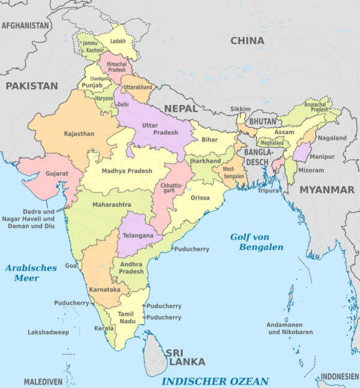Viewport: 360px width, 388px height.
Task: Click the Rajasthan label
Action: point(79,134)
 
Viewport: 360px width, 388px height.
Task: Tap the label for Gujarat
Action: point(56,174)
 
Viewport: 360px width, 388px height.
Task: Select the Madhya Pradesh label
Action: point(127,171)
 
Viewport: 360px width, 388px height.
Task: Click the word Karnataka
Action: point(105,290)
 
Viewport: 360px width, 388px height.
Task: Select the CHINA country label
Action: point(247,41)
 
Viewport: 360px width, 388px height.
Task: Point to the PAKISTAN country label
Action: point(32,86)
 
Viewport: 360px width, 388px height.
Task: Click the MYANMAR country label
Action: point(327,190)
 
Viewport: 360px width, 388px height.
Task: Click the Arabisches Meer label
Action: point(31,273)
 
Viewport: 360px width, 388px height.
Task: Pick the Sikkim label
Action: point(241,109)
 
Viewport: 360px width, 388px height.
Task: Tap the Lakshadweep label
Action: point(49,332)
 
